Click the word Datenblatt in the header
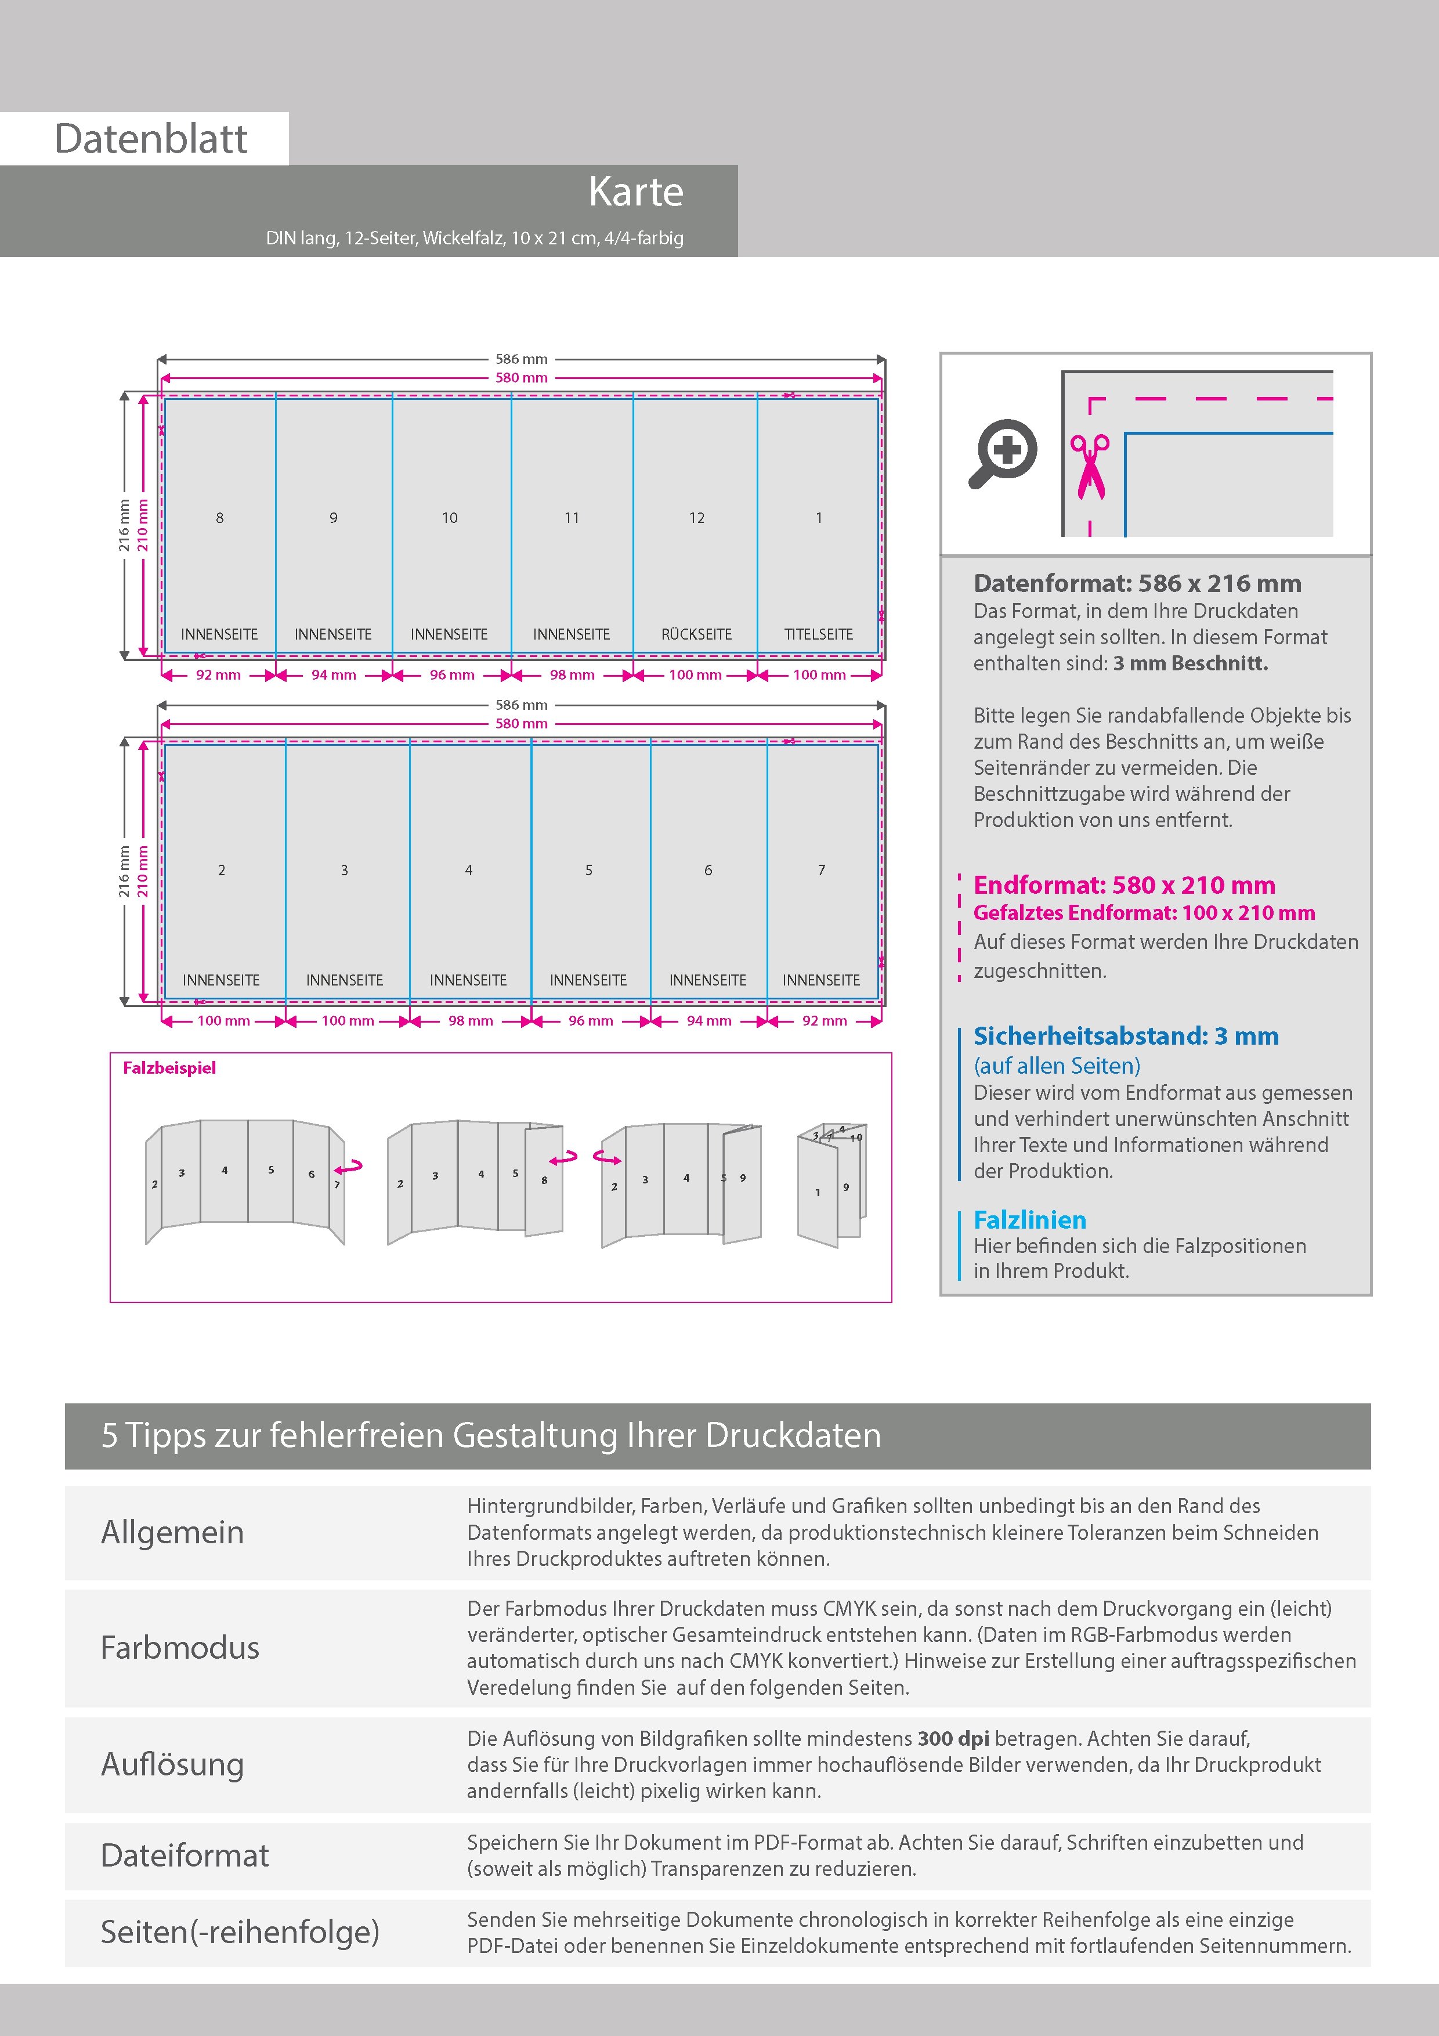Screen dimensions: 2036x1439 [x=151, y=139]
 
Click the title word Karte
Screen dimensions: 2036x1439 [x=636, y=193]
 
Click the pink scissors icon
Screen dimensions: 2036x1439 [x=1090, y=465]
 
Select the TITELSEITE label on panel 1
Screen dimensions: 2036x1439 [x=818, y=634]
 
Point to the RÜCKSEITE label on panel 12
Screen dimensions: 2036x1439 [x=696, y=634]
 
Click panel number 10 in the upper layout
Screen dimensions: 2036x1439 [x=450, y=518]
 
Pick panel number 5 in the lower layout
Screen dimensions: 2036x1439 [x=589, y=871]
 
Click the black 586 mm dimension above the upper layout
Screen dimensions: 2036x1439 [x=521, y=359]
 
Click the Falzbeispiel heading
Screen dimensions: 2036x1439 [x=169, y=1068]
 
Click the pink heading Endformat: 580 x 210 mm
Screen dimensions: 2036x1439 [x=1123, y=885]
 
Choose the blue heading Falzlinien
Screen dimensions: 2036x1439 [x=1029, y=1219]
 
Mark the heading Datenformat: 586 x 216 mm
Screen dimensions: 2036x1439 [x=1137, y=583]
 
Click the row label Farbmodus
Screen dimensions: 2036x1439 [x=180, y=1648]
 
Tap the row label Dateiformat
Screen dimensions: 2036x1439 [x=185, y=1855]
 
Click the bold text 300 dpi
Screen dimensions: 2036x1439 [x=953, y=1739]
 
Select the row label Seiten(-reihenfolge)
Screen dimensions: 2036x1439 [x=240, y=1932]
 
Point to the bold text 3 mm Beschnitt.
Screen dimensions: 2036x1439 [x=1190, y=663]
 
